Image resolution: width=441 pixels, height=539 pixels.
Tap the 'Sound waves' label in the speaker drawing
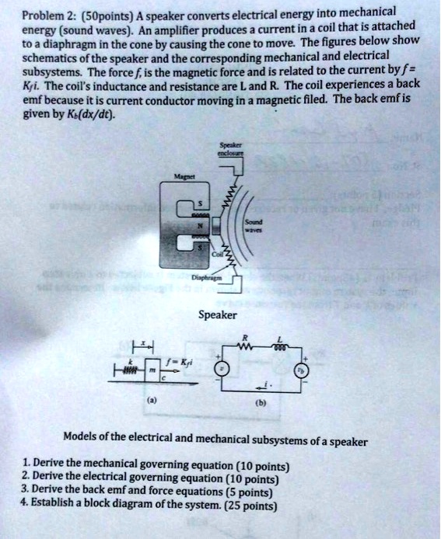pyautogui.click(x=255, y=224)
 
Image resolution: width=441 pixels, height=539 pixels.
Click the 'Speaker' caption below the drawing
pyautogui.click(x=219, y=315)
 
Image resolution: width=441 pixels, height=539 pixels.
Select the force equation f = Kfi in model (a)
pyautogui.click(x=181, y=361)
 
